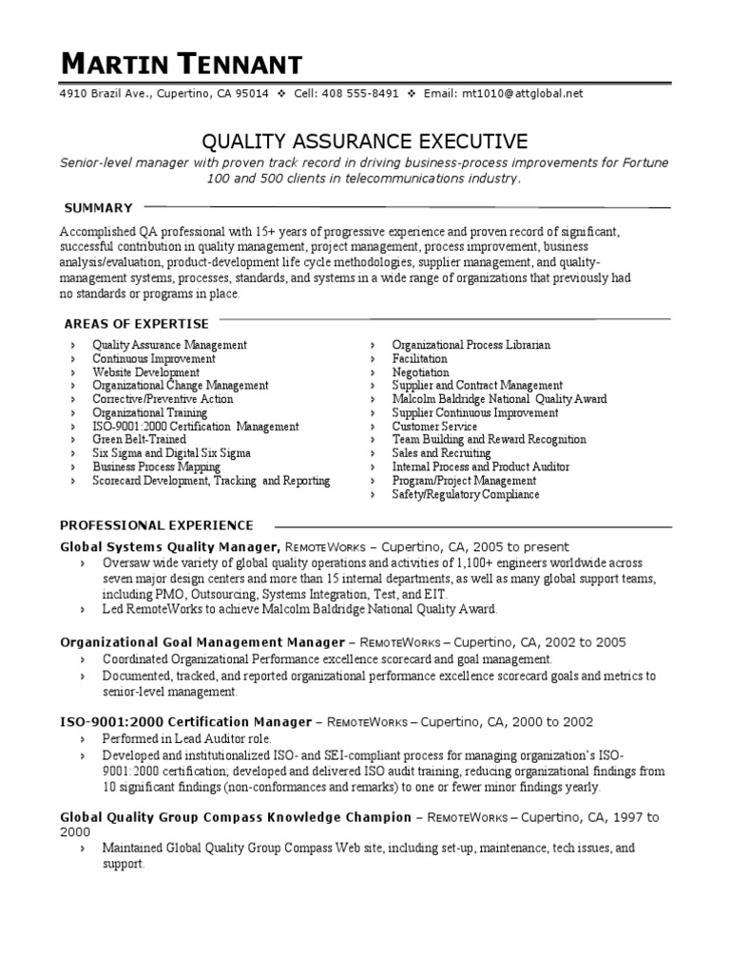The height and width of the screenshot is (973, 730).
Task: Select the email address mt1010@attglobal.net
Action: pos(522,94)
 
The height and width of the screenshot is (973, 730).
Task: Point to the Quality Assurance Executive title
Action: pos(365,142)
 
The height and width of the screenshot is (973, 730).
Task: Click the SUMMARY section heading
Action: pos(98,207)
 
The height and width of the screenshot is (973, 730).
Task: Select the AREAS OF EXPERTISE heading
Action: pos(135,324)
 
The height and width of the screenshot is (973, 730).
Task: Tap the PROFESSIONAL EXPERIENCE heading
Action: pos(157,525)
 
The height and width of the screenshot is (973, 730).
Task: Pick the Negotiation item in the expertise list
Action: pos(420,372)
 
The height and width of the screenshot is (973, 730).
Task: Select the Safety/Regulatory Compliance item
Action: pos(465,494)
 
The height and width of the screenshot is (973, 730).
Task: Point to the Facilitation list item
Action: pos(419,359)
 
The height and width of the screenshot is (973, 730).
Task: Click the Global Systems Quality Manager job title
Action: pos(169,547)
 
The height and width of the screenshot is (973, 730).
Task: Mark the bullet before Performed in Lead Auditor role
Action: pos(83,738)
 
